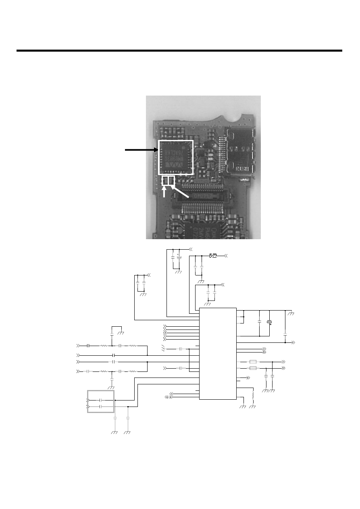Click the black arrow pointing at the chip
click(x=141, y=150)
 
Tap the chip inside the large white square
click(x=176, y=157)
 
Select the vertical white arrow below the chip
click(x=164, y=192)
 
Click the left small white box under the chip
click(x=165, y=181)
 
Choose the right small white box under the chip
click(x=171, y=181)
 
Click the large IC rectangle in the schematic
click(x=218, y=353)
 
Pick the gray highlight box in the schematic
click(x=101, y=401)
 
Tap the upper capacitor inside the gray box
click(x=102, y=400)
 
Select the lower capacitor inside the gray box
click(x=102, y=407)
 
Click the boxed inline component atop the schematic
click(x=213, y=256)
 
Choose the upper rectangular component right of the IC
click(x=254, y=362)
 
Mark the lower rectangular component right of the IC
click(x=254, y=368)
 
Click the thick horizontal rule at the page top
click(x=179, y=51)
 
